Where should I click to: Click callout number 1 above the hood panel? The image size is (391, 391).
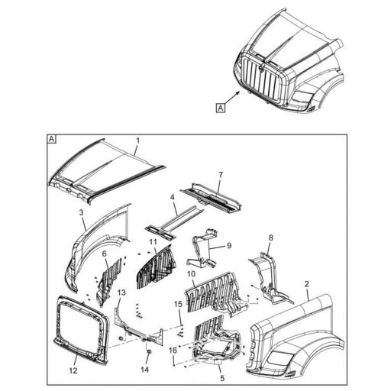137,141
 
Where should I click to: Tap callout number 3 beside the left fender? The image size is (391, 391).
81,211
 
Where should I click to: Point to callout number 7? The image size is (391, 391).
221,176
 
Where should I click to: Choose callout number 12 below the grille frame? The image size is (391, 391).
74,371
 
